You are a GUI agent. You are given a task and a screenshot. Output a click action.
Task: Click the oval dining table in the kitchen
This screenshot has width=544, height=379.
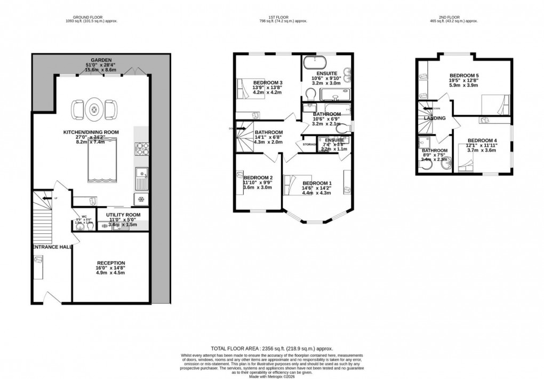coord(94,110)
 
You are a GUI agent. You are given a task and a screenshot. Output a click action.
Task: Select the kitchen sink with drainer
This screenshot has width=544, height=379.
coord(142,178)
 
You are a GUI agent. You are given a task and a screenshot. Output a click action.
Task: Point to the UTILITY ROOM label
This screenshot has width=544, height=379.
coord(123,215)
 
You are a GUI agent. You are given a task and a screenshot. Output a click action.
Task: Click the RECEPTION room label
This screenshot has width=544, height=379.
coord(110,263)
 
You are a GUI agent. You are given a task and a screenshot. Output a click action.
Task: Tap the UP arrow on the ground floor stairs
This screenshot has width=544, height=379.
coord(48,199)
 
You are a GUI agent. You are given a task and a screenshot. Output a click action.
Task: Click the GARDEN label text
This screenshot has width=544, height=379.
coord(101,60)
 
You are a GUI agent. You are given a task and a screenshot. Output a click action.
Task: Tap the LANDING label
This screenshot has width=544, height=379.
coord(435,118)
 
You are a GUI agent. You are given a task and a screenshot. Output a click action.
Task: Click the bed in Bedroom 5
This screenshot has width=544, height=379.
coord(494,102)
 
